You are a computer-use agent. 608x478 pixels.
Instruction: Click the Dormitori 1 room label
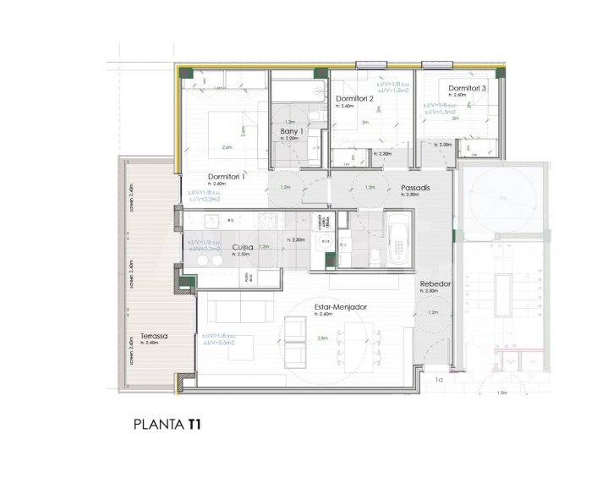point(226,176)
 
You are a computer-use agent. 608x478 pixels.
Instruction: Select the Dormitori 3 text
point(468,88)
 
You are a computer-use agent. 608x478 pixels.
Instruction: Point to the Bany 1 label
point(293,132)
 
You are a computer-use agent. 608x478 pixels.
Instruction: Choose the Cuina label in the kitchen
point(244,247)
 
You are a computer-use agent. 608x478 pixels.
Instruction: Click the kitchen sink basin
point(210,222)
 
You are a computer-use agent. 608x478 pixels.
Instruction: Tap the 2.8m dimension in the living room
point(321,338)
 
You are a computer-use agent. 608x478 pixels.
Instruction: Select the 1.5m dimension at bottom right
point(501,393)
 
